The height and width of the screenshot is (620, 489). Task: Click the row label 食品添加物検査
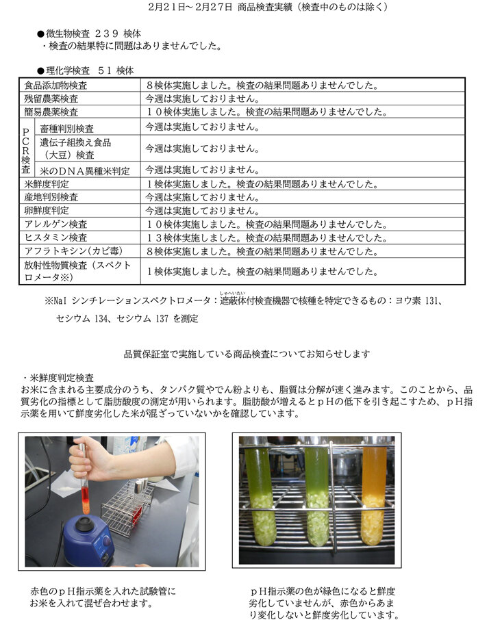(55, 86)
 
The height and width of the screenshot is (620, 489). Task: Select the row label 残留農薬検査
(51, 99)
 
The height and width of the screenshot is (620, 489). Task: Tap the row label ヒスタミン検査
(55, 237)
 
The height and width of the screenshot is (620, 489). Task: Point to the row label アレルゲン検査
(55, 224)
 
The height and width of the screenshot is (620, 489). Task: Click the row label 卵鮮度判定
(46, 211)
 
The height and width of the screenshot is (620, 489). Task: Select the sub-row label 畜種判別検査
(67, 128)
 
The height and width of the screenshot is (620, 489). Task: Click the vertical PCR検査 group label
(25, 147)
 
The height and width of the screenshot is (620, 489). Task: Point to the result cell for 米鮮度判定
(262, 184)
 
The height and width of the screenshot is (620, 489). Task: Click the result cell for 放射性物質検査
(262, 271)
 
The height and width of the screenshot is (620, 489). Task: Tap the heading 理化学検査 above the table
(68, 70)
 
